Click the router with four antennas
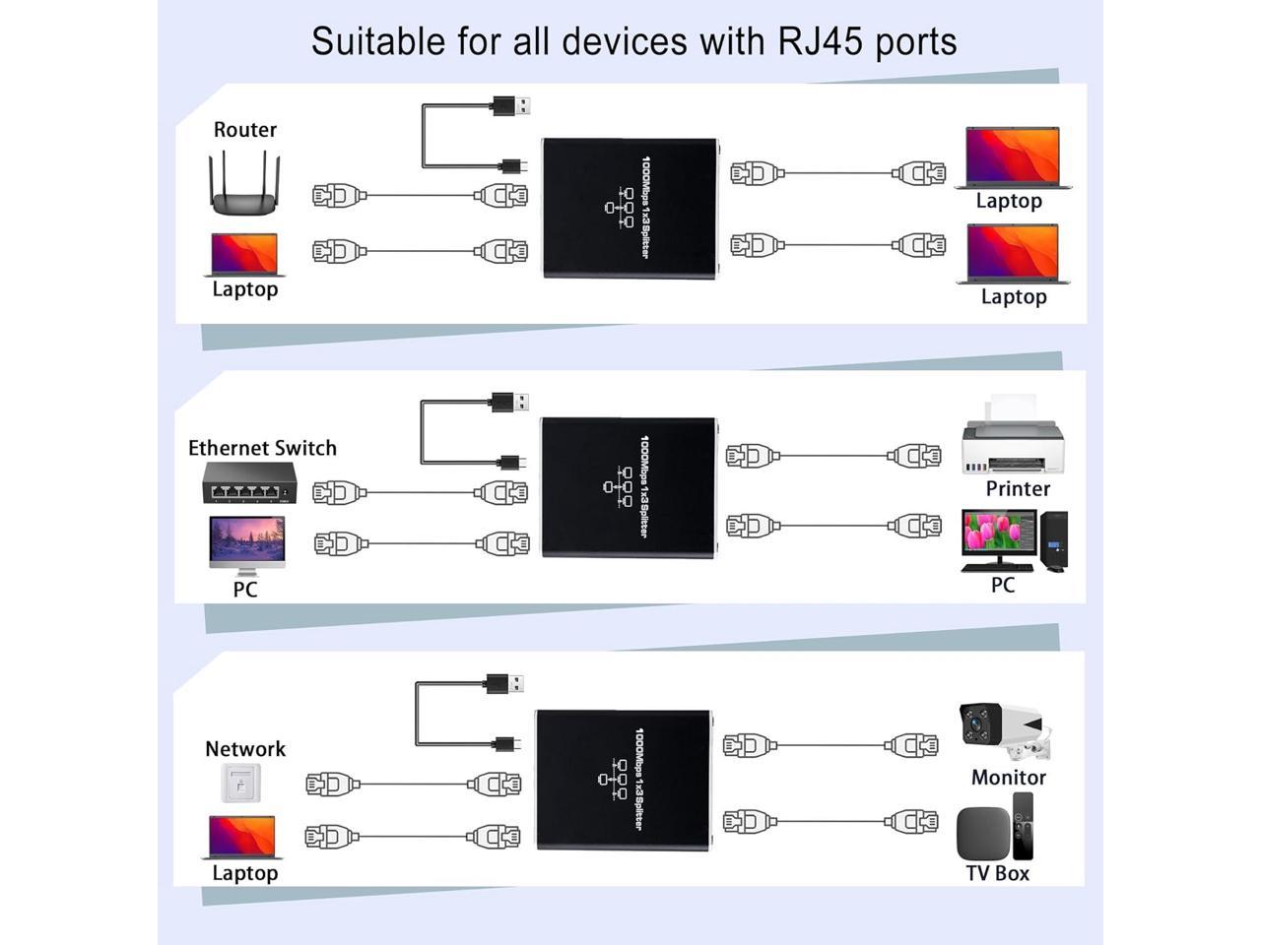point(244,185)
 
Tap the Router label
point(244,130)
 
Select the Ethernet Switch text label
point(262,448)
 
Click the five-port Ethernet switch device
point(249,482)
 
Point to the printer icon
point(1013,437)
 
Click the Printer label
point(1018,489)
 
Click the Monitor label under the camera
point(1008,778)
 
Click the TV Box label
point(997,873)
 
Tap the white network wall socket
point(240,784)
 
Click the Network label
point(245,749)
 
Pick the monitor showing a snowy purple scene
point(247,543)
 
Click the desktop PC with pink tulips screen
point(1013,540)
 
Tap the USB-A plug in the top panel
point(510,105)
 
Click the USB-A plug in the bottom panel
point(504,683)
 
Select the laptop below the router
point(244,255)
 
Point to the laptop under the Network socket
point(244,838)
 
